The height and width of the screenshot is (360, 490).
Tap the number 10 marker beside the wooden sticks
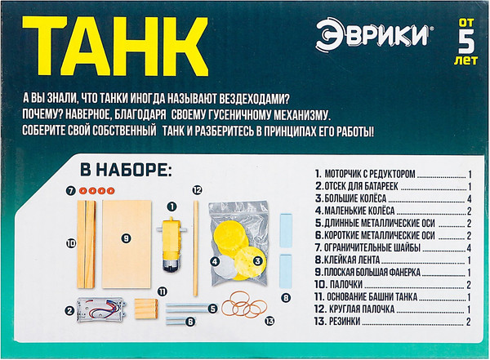71,242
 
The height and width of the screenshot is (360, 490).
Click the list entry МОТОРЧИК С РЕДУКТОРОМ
372,175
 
